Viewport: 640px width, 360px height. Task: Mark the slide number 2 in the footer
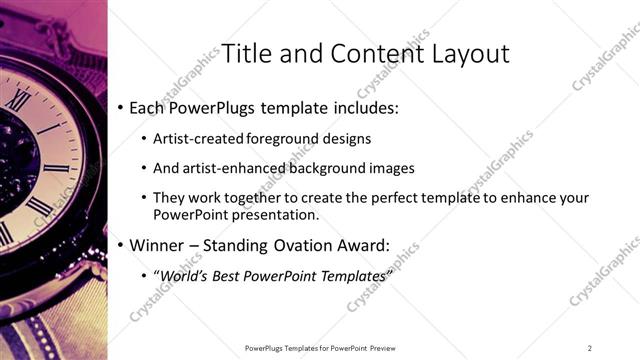tap(589, 348)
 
